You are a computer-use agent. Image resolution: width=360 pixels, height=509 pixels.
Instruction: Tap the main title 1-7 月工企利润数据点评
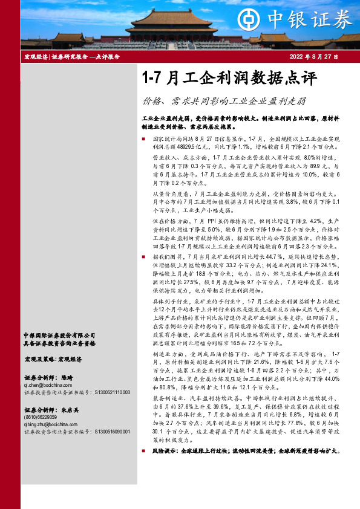coord(228,79)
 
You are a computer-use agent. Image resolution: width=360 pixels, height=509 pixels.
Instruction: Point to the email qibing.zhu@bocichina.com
coord(55,424)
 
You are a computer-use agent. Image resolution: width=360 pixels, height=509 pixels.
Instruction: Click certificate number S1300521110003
coord(116,392)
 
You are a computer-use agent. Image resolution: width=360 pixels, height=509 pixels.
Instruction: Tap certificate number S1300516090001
coord(116,432)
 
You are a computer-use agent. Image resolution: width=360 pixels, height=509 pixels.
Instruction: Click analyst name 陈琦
coord(66,377)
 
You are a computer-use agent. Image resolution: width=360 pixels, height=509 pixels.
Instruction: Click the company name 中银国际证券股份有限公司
coord(59,335)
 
